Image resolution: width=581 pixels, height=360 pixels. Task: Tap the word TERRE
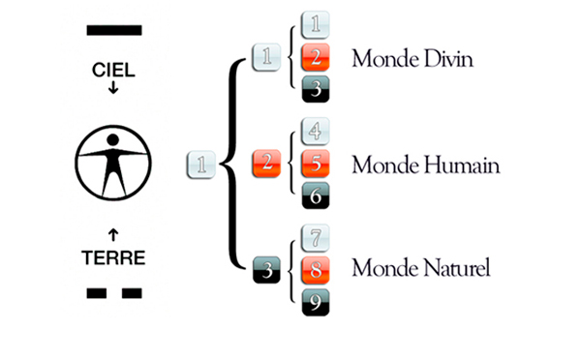113,258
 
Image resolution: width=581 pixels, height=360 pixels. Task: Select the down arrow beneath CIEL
113,89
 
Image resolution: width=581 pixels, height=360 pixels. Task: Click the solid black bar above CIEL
113,30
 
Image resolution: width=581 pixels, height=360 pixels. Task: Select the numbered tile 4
317,131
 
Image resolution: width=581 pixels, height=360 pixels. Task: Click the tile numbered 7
317,237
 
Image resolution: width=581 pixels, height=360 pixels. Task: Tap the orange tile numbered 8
317,268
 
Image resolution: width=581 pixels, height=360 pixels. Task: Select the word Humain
463,165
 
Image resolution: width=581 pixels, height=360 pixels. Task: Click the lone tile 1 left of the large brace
199,165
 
